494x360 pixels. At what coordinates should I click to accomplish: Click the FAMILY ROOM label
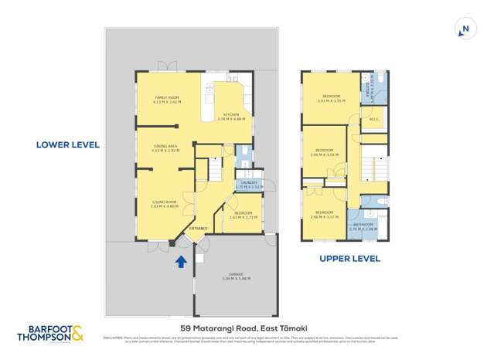[166, 99]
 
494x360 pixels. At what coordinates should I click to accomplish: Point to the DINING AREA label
[165, 148]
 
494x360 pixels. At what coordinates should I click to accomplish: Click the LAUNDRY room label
[248, 184]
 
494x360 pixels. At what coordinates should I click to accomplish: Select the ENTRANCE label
[199, 228]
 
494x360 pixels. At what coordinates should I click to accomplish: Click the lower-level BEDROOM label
[244, 214]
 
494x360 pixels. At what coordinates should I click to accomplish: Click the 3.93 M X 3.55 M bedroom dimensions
[331, 101]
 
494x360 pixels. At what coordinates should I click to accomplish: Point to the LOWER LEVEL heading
[68, 144]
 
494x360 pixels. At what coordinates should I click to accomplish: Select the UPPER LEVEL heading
[349, 259]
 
